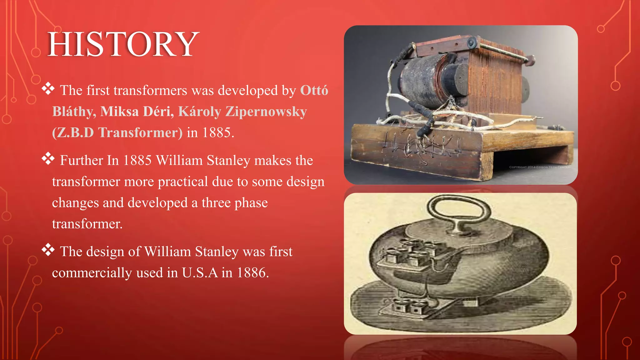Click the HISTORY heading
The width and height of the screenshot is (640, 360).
coord(123,44)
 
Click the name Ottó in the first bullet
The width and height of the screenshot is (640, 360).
coord(314,90)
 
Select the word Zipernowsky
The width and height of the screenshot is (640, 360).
coord(266,111)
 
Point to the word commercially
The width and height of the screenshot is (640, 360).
coord(92,273)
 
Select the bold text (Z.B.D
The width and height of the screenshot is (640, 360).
coord(73,132)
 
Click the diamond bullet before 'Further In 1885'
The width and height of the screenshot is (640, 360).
coord(48,159)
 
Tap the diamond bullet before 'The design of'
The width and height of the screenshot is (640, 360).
coord(48,250)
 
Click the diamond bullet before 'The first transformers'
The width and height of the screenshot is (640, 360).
coord(48,89)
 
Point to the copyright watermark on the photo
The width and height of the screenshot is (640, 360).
coord(539,167)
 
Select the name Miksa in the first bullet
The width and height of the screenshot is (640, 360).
coord(119,111)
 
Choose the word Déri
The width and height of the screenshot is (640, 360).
coord(158,111)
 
